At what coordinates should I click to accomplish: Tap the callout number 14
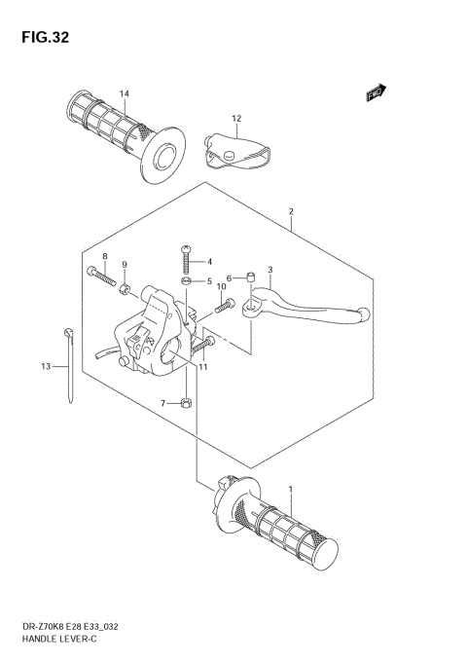125,93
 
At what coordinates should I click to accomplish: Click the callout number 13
45,367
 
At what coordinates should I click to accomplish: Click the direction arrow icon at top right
377,92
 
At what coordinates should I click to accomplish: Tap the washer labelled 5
186,281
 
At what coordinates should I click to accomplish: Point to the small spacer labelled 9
126,289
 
